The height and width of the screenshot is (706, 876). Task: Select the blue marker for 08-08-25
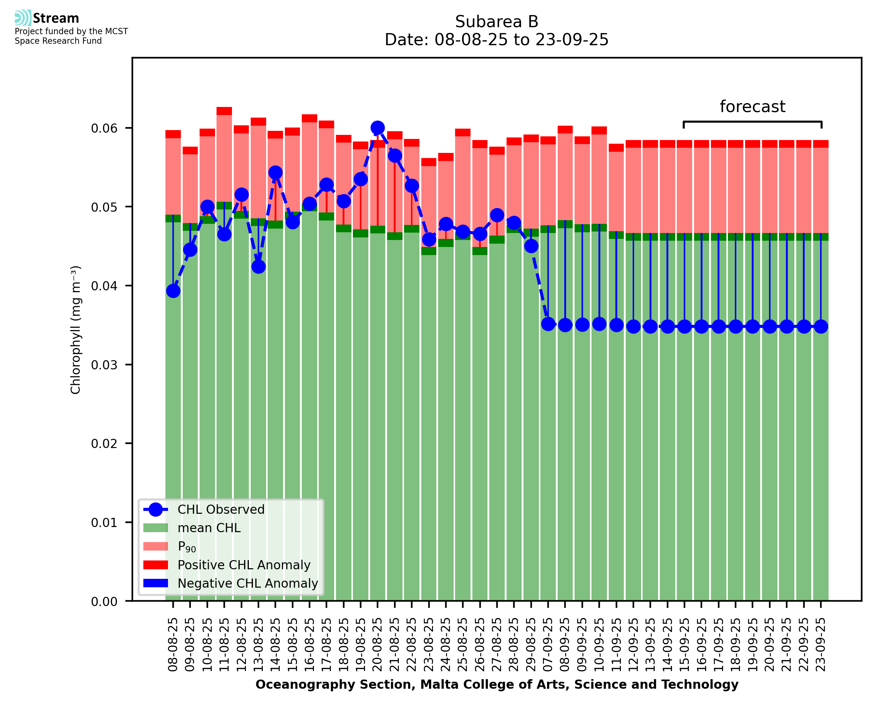point(173,291)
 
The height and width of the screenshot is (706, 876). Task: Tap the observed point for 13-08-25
point(258,267)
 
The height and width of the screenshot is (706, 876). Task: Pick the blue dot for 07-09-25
point(548,324)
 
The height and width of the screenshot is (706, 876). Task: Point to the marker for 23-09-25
point(821,327)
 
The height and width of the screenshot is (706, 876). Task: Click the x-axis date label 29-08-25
point(531,644)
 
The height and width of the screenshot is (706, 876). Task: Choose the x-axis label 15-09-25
point(684,644)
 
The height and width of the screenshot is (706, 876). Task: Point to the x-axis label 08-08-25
point(173,644)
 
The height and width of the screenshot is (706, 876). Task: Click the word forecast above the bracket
point(752,107)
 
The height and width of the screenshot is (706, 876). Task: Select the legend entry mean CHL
point(209,528)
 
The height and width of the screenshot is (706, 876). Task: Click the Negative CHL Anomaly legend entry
point(248,583)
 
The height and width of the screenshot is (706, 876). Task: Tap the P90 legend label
point(187,546)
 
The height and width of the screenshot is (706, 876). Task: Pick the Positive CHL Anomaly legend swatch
point(155,565)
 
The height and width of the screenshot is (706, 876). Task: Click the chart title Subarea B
point(497,22)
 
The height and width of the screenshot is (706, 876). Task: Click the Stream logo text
point(56,18)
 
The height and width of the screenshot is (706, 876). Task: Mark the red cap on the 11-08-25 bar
point(224,111)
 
